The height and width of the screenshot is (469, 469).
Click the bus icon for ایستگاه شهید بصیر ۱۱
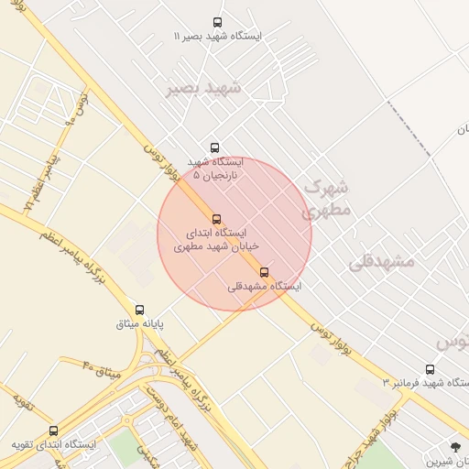[217, 22]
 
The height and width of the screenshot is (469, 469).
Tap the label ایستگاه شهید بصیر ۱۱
[217, 36]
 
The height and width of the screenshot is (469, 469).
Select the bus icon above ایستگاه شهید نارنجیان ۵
[215, 147]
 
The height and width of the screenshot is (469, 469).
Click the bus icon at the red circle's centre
[217, 219]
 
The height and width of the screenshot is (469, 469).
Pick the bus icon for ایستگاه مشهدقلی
[265, 272]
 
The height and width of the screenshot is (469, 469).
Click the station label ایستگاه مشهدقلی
[265, 286]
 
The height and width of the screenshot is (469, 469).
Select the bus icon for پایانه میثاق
[140, 311]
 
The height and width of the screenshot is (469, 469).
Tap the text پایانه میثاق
[140, 324]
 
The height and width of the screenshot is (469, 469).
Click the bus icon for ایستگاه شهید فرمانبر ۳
[430, 369]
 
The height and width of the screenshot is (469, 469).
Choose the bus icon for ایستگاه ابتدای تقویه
[53, 431]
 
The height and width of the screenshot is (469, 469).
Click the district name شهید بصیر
[202, 89]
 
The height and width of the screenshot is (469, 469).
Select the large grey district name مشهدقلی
[381, 261]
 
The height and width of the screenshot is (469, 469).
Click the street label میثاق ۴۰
[102, 372]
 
